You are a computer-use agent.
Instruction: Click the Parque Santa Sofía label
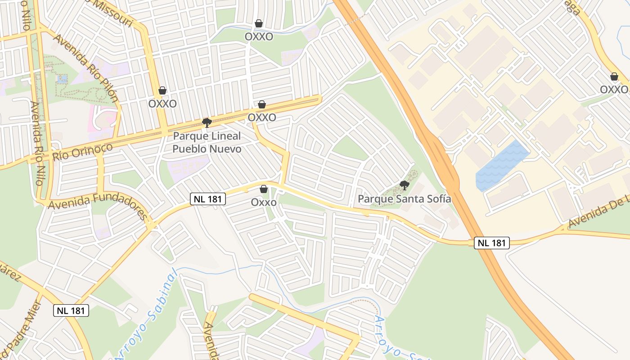(x=404, y=198)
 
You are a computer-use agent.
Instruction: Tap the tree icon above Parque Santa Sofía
(x=404, y=185)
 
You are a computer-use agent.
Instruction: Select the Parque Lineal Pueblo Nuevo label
(x=207, y=142)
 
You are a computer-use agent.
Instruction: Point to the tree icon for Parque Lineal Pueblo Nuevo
(x=207, y=122)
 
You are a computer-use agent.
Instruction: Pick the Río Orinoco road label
(x=82, y=152)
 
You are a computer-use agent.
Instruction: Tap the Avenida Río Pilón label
(x=85, y=67)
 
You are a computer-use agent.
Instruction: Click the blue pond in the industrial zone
(x=502, y=165)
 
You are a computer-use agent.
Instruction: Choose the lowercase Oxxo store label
(x=264, y=202)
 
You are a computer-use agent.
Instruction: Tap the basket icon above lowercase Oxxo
(x=264, y=189)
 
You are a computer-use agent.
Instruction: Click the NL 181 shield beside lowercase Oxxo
(x=207, y=199)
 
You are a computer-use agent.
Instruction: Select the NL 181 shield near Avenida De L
(x=491, y=243)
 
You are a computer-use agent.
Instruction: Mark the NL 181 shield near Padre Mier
(x=71, y=310)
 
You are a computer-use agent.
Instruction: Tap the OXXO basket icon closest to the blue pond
(x=614, y=76)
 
